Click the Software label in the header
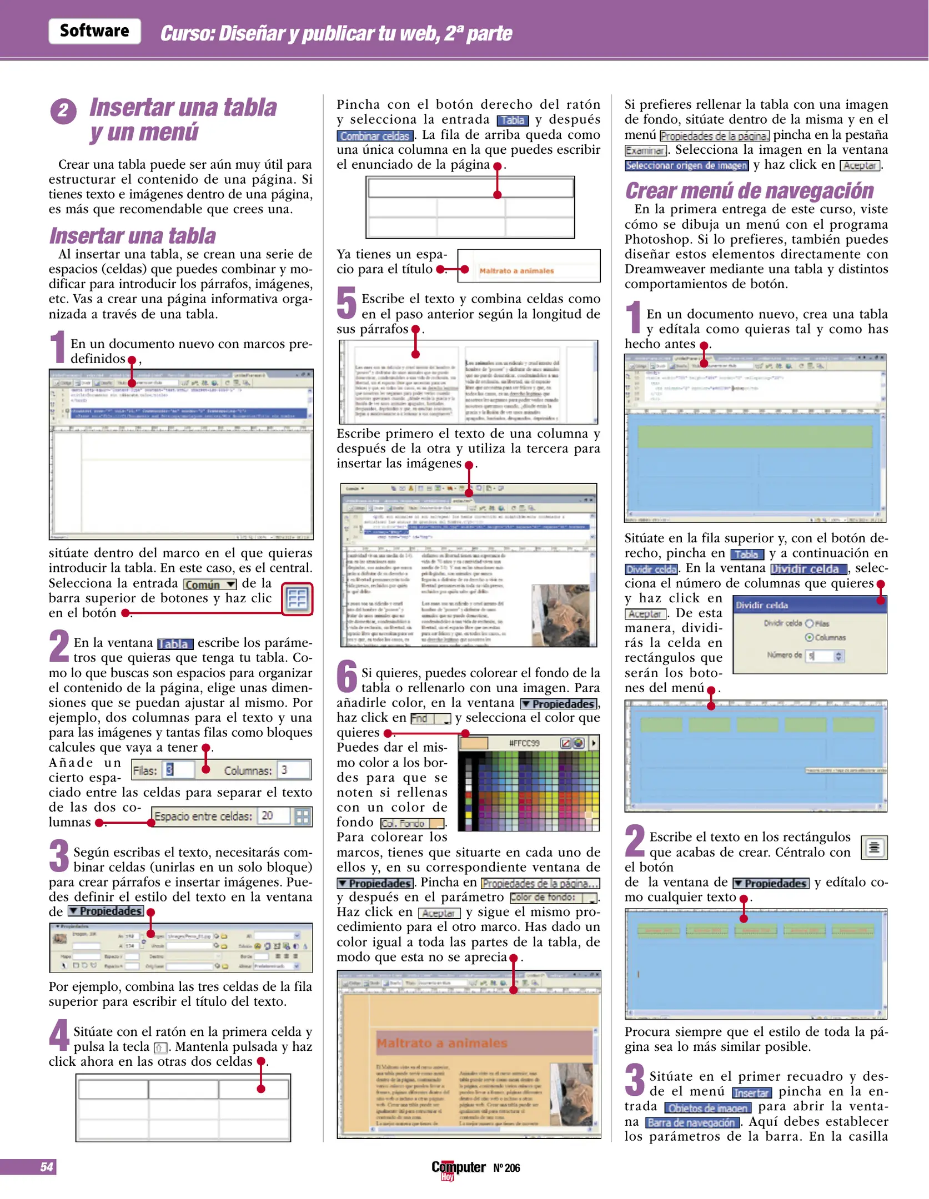click(x=94, y=31)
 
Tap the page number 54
click(x=47, y=1167)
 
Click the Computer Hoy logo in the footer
click(x=458, y=1168)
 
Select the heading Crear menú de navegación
click(x=749, y=191)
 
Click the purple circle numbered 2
click(x=63, y=111)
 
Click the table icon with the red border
click(x=297, y=599)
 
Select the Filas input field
click(x=179, y=770)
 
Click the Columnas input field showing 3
click(x=293, y=770)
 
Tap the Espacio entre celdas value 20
click(x=273, y=816)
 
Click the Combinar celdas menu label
click(x=375, y=136)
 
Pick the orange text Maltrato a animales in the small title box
click(x=516, y=271)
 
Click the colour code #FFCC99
click(x=524, y=743)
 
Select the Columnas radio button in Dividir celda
click(x=809, y=637)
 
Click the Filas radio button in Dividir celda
click(x=809, y=623)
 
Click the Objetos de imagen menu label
click(x=707, y=1108)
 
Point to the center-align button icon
click(x=874, y=848)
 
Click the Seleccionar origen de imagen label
click(x=686, y=165)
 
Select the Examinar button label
click(x=645, y=150)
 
